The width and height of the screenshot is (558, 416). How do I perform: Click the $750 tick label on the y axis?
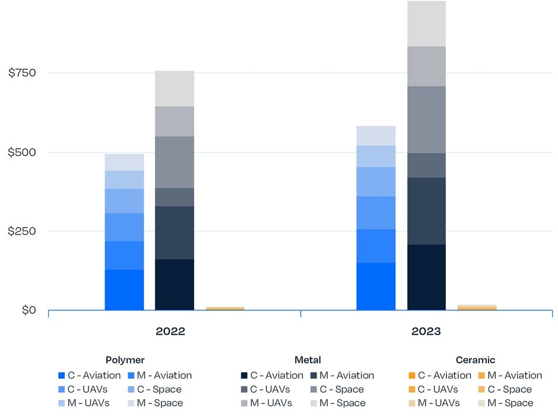pyautogui.click(x=22, y=73)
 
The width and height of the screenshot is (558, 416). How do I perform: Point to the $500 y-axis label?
pyautogui.click(x=22, y=152)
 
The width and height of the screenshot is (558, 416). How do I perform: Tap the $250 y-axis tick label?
pyautogui.click(x=22, y=231)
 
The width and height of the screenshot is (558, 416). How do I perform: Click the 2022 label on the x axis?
pyautogui.click(x=170, y=332)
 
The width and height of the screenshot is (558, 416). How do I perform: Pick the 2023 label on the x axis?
pyautogui.click(x=426, y=332)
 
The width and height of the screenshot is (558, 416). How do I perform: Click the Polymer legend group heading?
pyautogui.click(x=125, y=360)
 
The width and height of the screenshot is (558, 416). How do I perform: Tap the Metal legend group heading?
pyautogui.click(x=307, y=360)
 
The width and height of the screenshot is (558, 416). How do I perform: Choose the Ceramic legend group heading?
pyautogui.click(x=475, y=360)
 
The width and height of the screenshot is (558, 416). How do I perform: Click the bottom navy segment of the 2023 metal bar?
pyautogui.click(x=426, y=277)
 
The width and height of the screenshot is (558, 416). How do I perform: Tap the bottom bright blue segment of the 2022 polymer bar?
pyautogui.click(x=124, y=290)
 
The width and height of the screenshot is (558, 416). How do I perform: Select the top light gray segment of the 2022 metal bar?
pyautogui.click(x=174, y=89)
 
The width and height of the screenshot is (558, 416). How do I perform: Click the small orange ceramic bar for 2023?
pyautogui.click(x=477, y=307)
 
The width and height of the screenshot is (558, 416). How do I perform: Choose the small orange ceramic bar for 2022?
pyautogui.click(x=224, y=308)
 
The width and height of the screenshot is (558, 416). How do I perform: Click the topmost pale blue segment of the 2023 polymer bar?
pyautogui.click(x=376, y=135)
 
